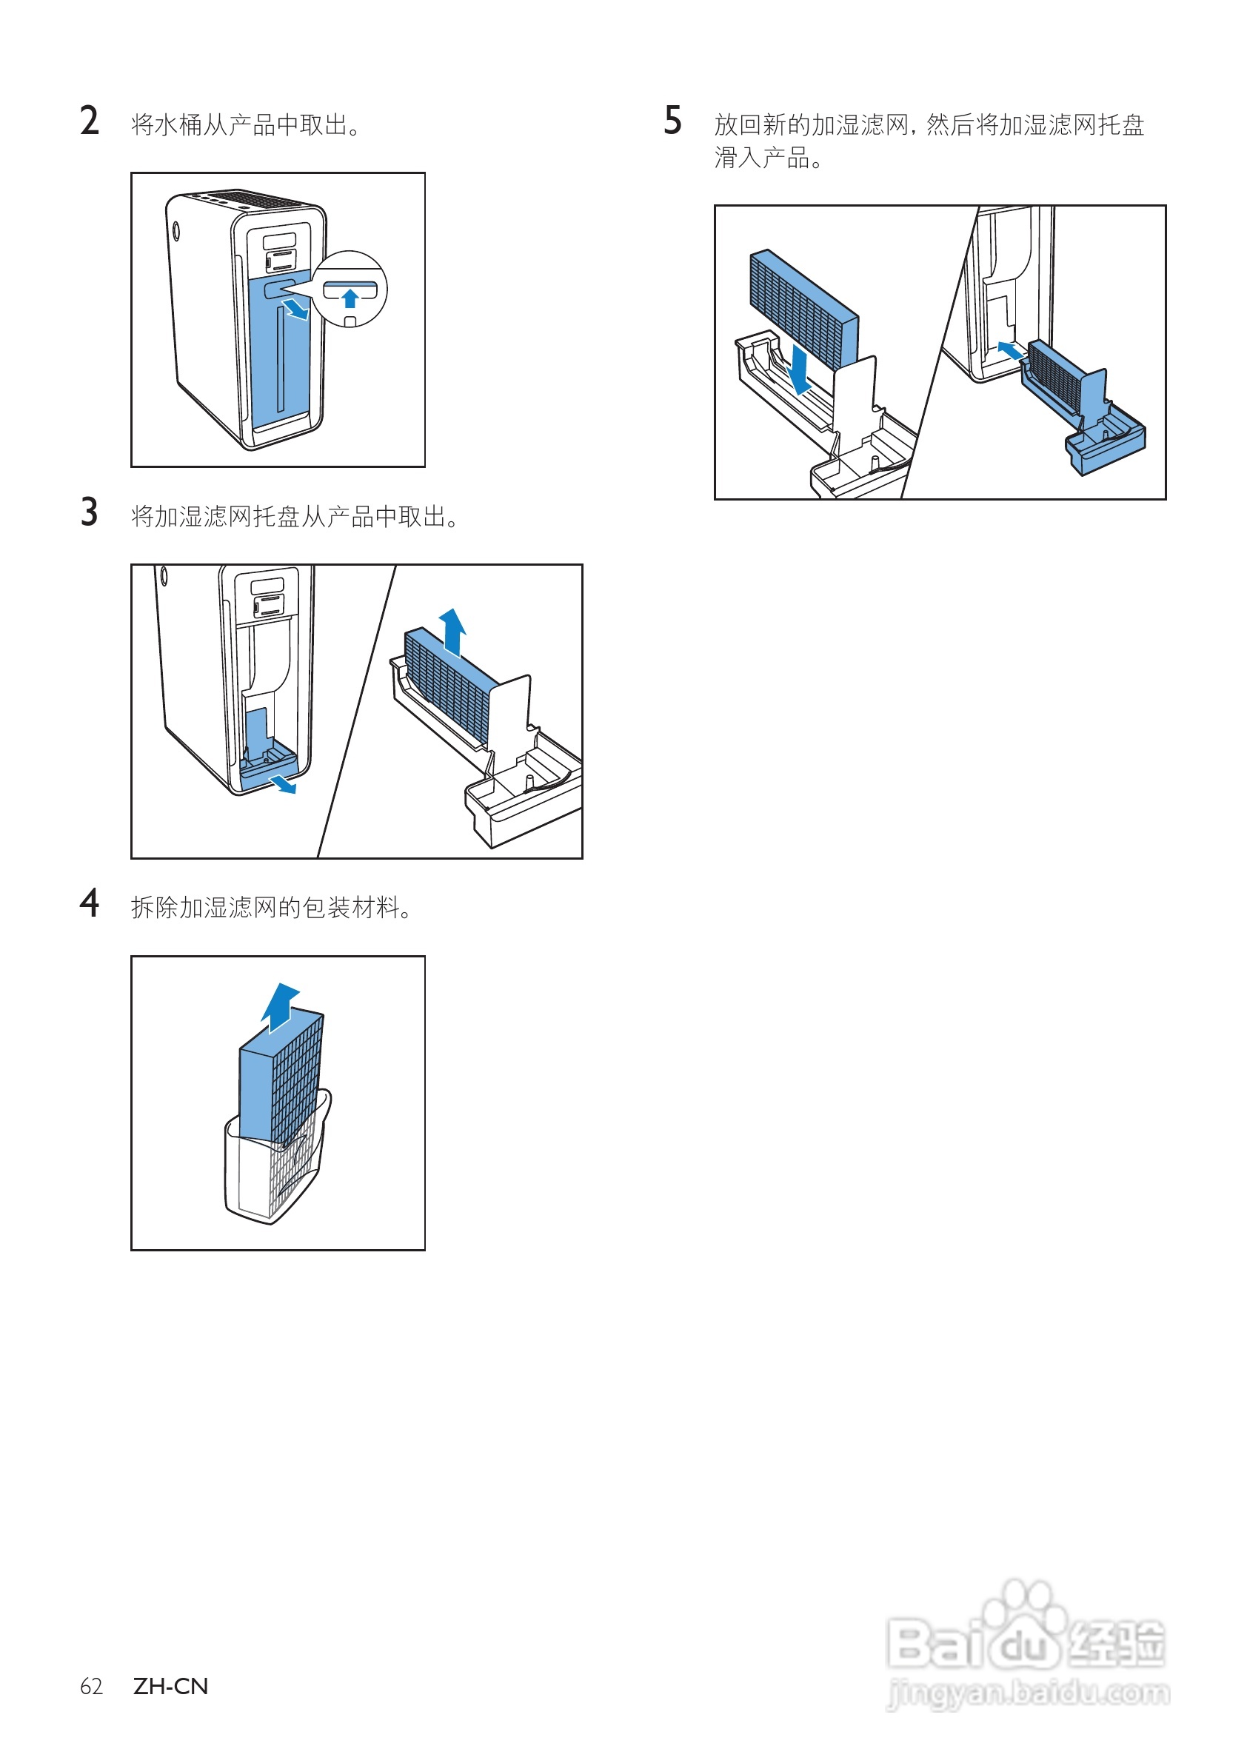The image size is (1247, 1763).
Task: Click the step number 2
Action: (89, 121)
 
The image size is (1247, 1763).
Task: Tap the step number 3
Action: (89, 512)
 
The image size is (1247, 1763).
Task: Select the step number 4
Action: (89, 903)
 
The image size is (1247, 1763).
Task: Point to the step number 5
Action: (672, 121)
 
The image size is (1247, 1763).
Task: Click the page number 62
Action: (90, 1686)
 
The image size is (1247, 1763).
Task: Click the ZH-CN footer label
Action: (170, 1686)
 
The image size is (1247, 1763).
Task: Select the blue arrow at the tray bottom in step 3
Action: (283, 784)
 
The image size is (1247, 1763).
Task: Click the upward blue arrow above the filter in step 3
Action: (452, 632)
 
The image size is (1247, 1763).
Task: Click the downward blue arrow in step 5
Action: (800, 370)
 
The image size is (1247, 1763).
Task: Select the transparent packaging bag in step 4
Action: (253, 1175)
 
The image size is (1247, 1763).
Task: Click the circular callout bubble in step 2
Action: (351, 289)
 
